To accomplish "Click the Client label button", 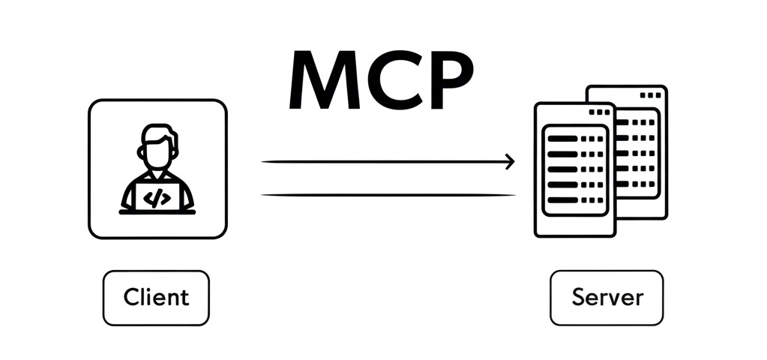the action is (156, 298).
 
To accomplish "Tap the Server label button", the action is (607, 298).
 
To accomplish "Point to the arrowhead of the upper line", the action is (511, 161).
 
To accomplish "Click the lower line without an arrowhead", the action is (388, 195).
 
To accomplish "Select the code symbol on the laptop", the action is (157, 198).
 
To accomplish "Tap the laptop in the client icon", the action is (157, 196).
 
